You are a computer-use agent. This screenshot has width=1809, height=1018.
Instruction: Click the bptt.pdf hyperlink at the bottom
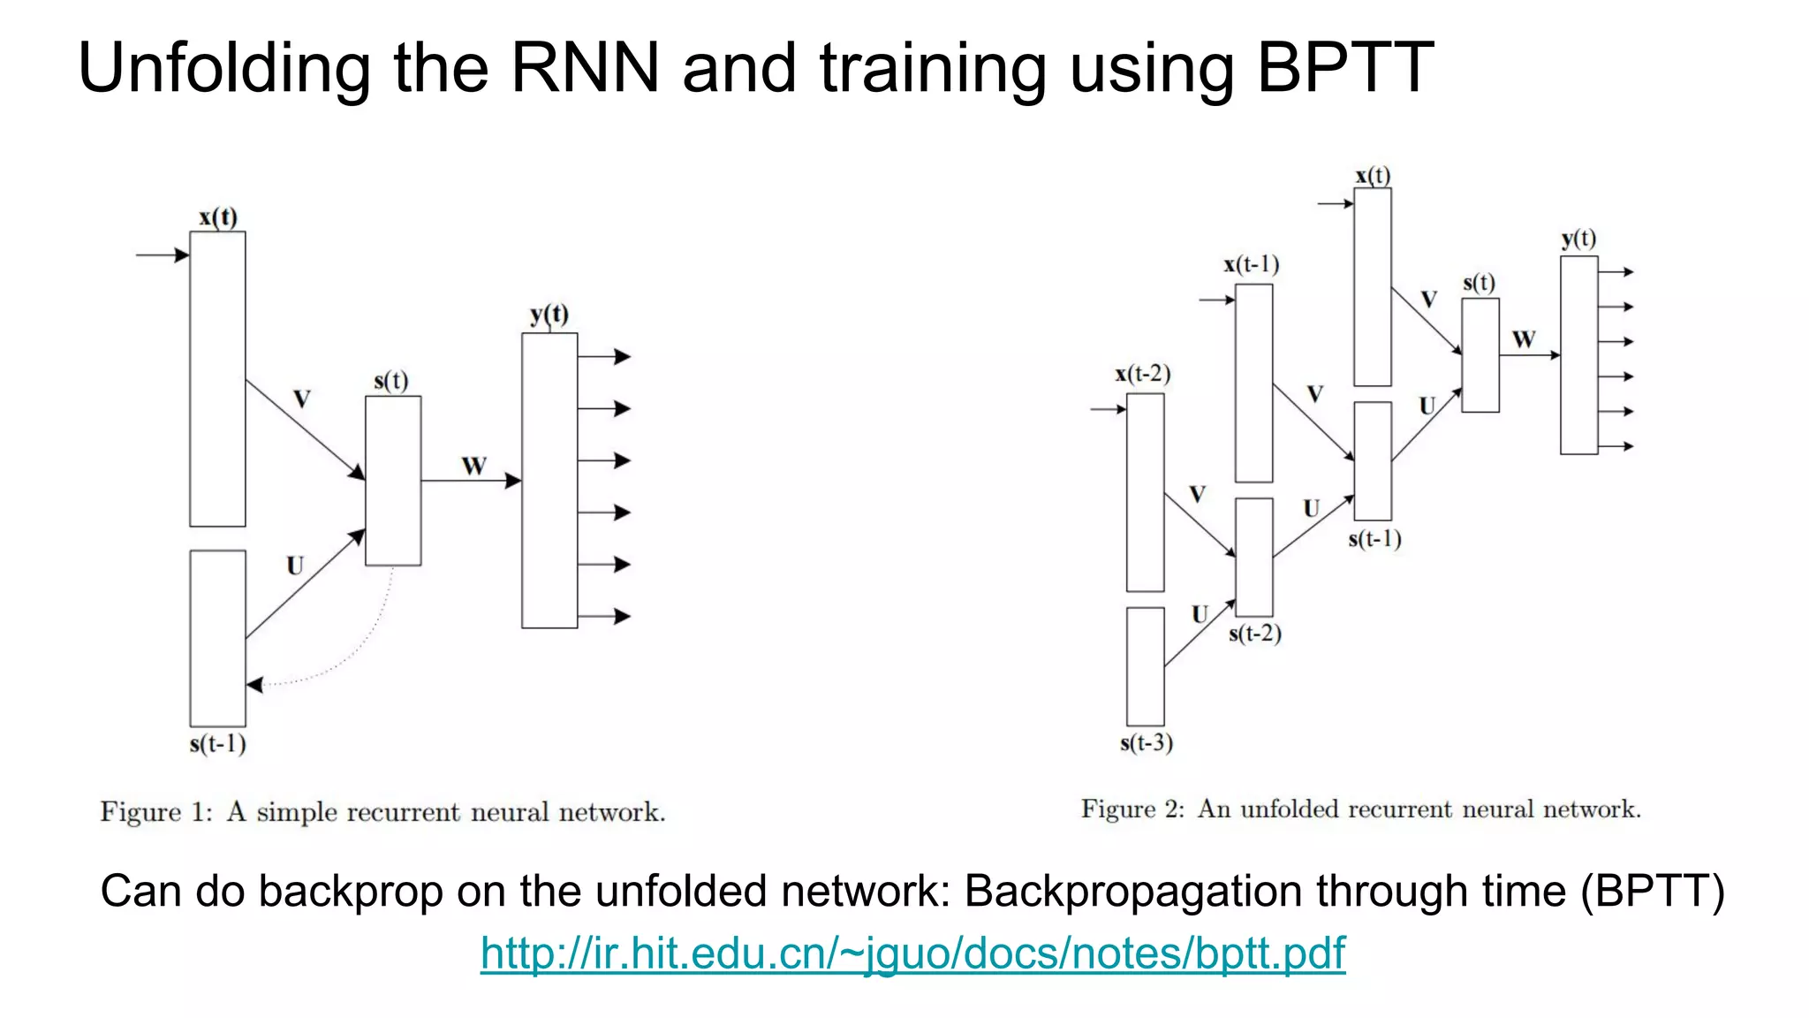(912, 953)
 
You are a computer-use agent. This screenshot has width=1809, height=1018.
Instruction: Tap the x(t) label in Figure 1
(218, 217)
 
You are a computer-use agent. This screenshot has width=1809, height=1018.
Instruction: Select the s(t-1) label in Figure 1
(217, 744)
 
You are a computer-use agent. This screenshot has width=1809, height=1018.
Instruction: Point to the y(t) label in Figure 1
(549, 315)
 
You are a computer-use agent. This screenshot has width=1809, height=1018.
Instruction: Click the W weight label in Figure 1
(474, 466)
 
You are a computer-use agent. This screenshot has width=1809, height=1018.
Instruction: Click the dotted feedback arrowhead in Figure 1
(254, 685)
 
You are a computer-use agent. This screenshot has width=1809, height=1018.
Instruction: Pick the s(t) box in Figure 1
(393, 480)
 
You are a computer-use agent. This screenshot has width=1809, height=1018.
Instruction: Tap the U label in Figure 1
(295, 566)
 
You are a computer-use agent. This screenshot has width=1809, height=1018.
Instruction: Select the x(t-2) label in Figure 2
(1143, 374)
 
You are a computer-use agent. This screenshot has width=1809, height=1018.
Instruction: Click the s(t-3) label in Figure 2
(1147, 743)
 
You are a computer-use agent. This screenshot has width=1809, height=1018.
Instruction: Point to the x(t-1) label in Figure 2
(1252, 264)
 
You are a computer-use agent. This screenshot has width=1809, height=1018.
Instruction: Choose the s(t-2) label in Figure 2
(1254, 634)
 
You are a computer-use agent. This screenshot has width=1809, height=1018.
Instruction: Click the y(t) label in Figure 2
(1578, 239)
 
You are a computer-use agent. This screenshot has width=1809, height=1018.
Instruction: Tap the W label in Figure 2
(1524, 339)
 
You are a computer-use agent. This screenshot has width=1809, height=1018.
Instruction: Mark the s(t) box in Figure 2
(1480, 355)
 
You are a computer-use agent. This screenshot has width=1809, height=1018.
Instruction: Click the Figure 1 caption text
(382, 811)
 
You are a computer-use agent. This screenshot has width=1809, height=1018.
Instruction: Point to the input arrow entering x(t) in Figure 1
(163, 255)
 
